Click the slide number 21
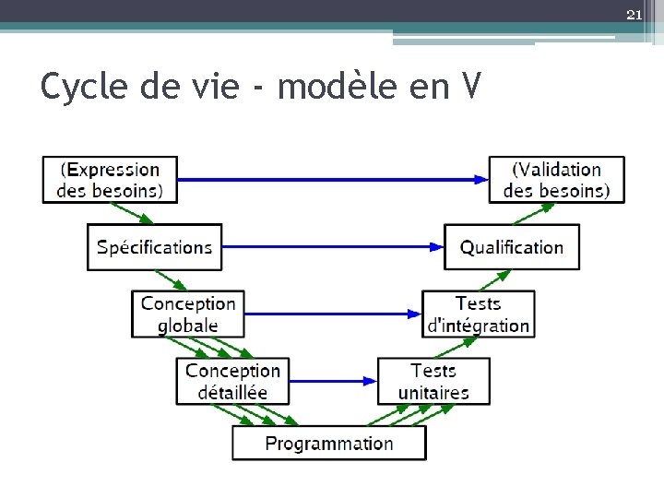(634, 15)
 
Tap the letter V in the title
(469, 87)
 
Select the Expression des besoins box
(110, 180)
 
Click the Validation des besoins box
(556, 180)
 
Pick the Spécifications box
(154, 247)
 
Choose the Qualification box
(512, 247)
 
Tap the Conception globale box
(188, 314)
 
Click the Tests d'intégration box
(478, 314)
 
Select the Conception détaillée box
(232, 381)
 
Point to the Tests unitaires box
(433, 381)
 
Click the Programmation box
(329, 444)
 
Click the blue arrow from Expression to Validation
(332, 180)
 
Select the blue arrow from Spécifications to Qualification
(332, 246)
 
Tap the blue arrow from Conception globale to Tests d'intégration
(332, 314)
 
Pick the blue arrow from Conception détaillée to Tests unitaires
(332, 380)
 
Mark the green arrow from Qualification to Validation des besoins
(529, 213)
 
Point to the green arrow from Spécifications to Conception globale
(171, 280)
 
